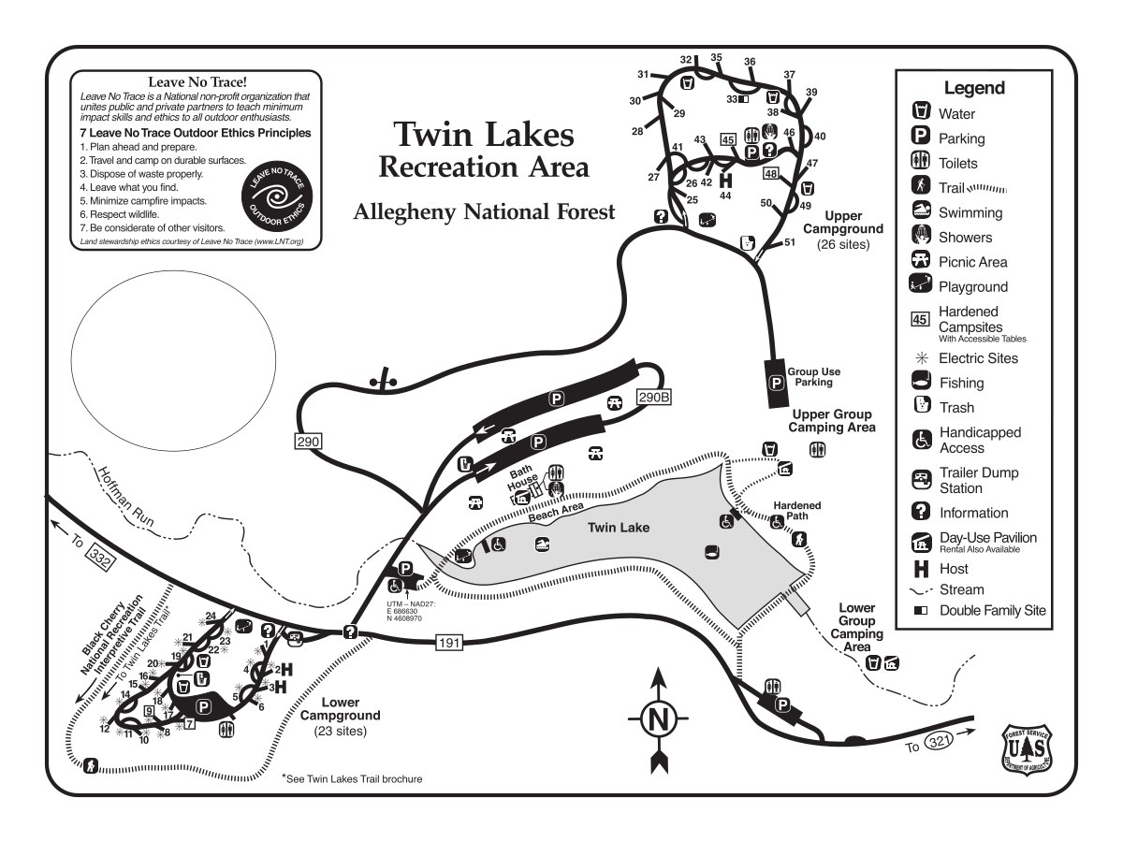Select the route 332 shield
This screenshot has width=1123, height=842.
100,558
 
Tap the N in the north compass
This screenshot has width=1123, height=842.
659,719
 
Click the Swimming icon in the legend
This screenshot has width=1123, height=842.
921,211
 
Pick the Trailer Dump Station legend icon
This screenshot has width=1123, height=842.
921,480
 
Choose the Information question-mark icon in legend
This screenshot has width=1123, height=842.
921,512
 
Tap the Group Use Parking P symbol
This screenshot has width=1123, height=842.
776,382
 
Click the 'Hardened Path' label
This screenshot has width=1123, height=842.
796,512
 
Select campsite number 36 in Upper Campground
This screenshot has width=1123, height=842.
750,62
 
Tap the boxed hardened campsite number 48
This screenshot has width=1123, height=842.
771,173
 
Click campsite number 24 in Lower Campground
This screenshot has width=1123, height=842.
211,616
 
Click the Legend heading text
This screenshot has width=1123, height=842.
974,89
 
